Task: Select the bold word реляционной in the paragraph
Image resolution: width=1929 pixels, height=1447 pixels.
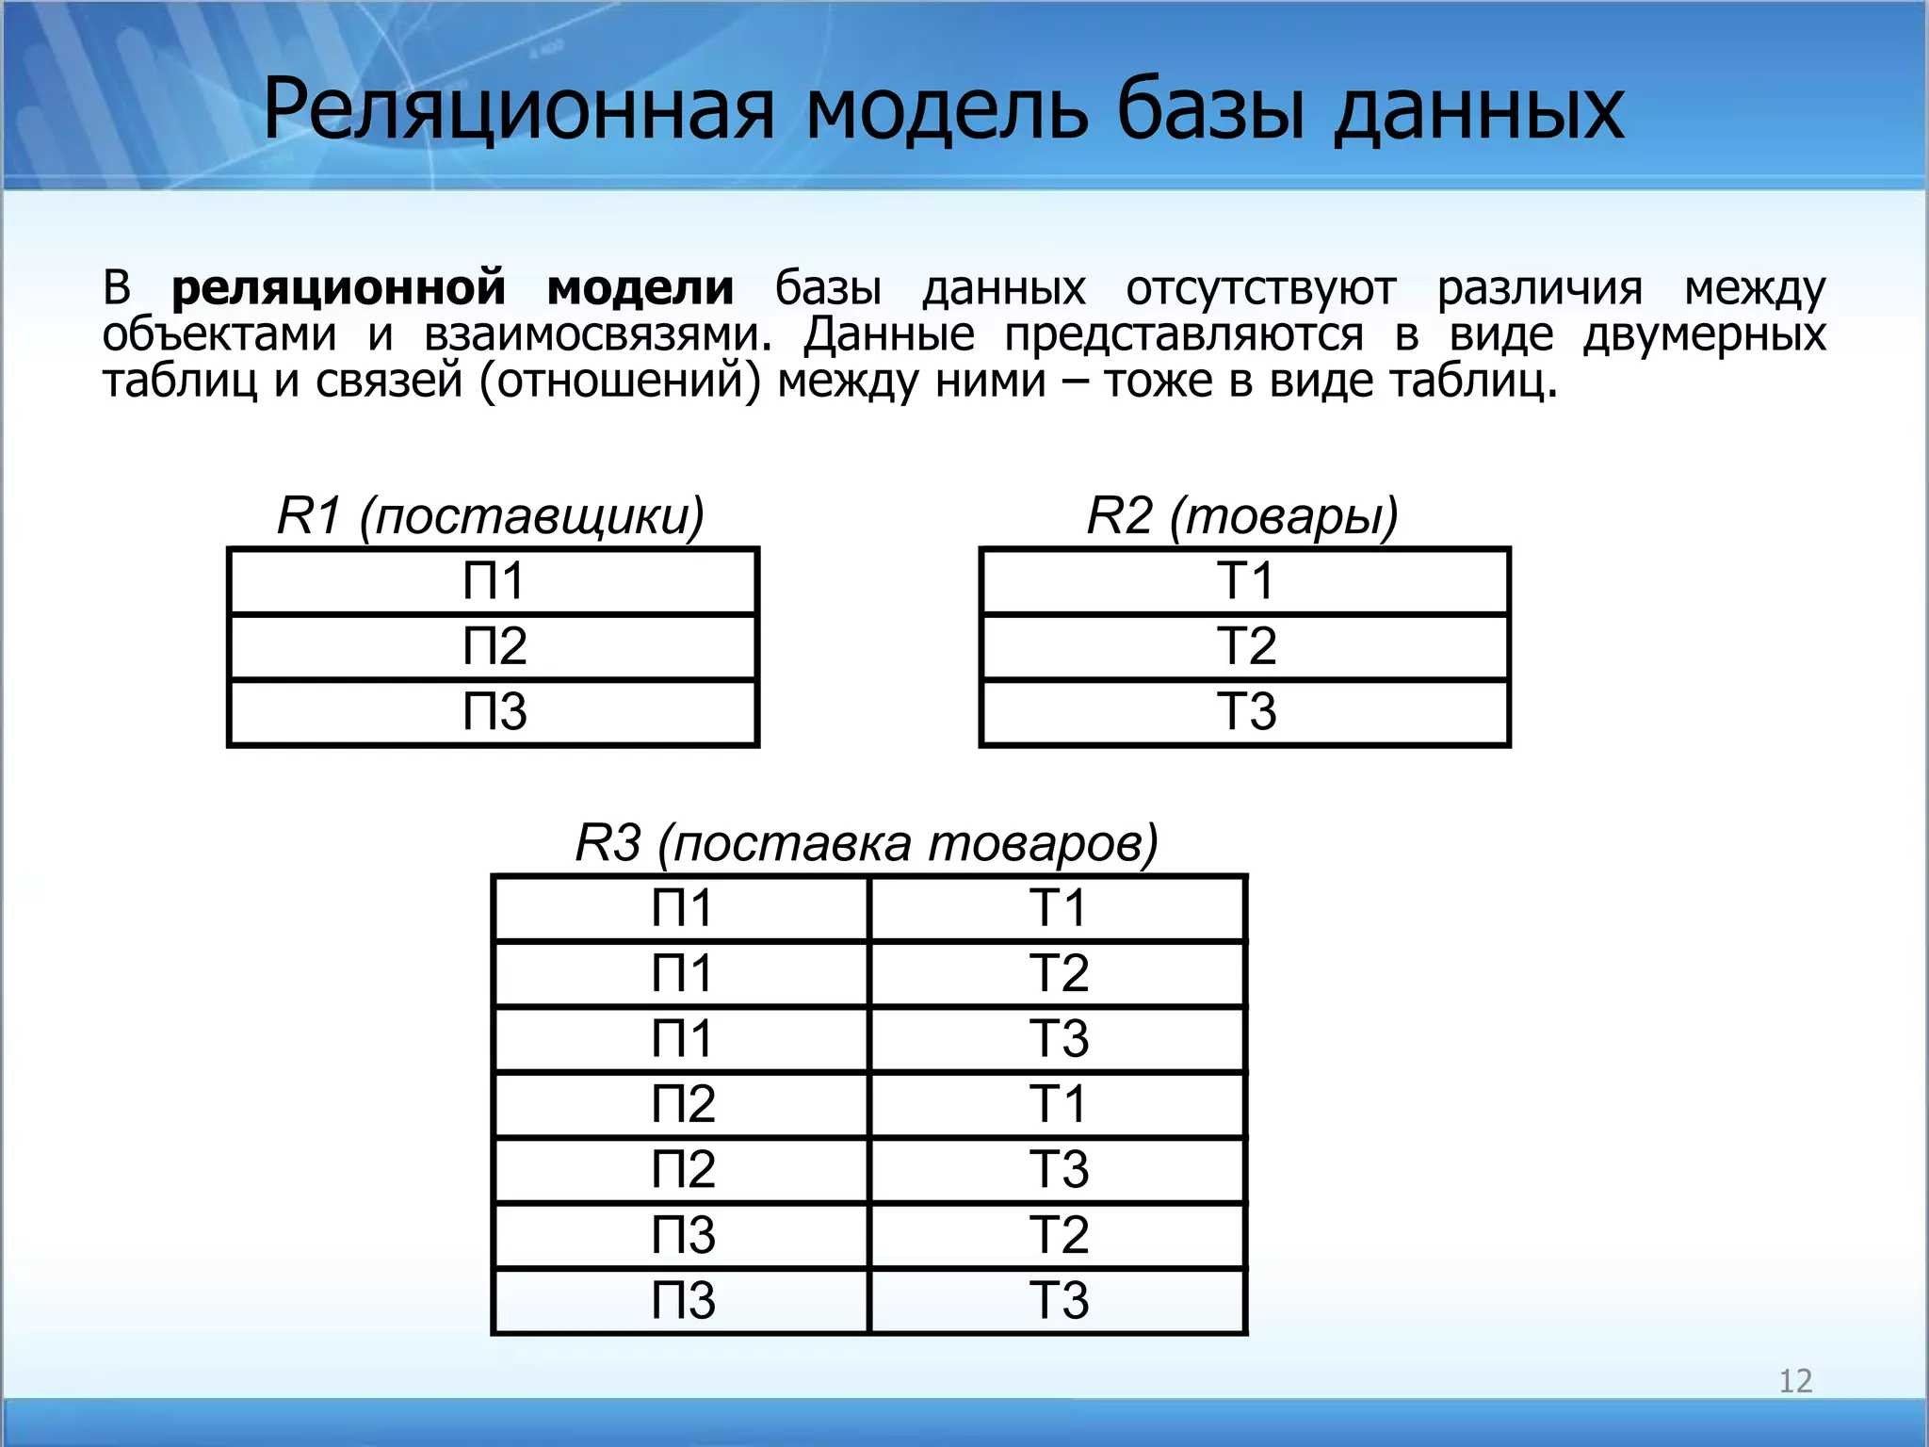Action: [338, 288]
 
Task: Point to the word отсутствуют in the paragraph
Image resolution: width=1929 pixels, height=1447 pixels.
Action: [1260, 288]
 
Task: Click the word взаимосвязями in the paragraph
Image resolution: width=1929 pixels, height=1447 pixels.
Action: [597, 335]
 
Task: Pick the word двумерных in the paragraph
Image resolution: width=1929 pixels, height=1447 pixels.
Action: [1704, 335]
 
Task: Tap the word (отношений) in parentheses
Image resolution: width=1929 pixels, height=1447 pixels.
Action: [619, 382]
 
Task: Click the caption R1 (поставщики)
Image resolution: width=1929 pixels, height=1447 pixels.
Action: [491, 515]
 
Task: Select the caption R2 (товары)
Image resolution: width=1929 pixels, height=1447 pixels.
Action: [1242, 515]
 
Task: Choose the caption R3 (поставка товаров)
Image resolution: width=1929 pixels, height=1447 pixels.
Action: [867, 842]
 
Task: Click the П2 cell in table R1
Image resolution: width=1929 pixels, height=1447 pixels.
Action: [494, 646]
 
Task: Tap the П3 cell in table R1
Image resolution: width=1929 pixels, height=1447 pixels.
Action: [494, 711]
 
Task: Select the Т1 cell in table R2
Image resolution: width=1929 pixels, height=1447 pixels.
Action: [1245, 580]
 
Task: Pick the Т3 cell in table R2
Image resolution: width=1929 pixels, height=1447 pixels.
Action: [1245, 711]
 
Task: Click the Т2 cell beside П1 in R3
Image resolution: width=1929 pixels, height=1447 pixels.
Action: [1058, 973]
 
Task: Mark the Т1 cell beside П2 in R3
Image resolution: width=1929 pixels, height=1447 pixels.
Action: [1058, 1104]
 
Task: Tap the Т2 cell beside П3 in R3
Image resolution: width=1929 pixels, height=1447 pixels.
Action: [1058, 1235]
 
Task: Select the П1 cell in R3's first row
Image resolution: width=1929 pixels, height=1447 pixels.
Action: [681, 908]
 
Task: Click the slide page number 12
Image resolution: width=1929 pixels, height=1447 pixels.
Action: [1795, 1381]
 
